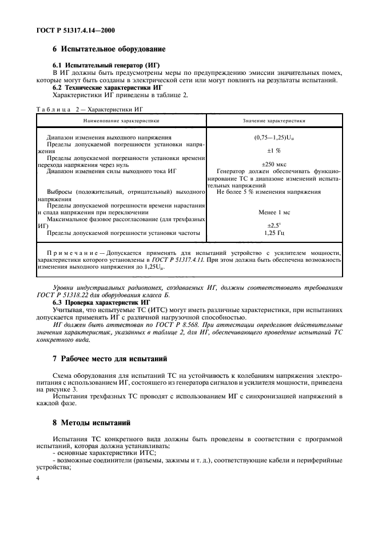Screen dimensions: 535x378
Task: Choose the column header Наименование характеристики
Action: pos(121,121)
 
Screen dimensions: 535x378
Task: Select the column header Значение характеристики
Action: pos(274,121)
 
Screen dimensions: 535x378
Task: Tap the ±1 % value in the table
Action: pos(274,151)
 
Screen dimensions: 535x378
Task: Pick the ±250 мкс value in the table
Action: pos(274,163)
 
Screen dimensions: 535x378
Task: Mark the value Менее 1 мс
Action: pos(274,212)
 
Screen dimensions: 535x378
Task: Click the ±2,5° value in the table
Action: pos(274,225)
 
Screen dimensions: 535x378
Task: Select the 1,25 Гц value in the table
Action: pos(274,233)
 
